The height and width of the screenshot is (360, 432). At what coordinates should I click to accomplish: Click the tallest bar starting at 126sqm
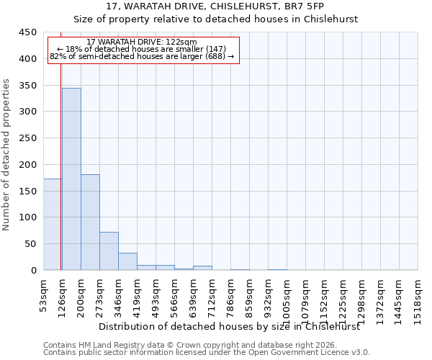coord(71,179)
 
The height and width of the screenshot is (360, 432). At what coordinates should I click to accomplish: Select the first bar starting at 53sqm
coord(52,224)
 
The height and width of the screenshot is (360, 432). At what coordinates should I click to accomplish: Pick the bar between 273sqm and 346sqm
coord(109,251)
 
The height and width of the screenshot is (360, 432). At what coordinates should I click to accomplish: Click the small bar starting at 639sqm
coord(202,268)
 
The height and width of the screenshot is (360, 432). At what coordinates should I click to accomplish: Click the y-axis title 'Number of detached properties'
coord(6,155)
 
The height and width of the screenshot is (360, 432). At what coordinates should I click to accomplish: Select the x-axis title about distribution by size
coord(229,326)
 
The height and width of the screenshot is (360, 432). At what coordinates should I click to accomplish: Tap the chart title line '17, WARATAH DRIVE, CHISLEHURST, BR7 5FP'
coord(215,6)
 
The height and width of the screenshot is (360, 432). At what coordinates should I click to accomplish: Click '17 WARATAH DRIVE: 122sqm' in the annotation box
coord(141,42)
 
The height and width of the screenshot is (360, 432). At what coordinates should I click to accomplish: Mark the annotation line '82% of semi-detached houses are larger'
coord(142,56)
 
